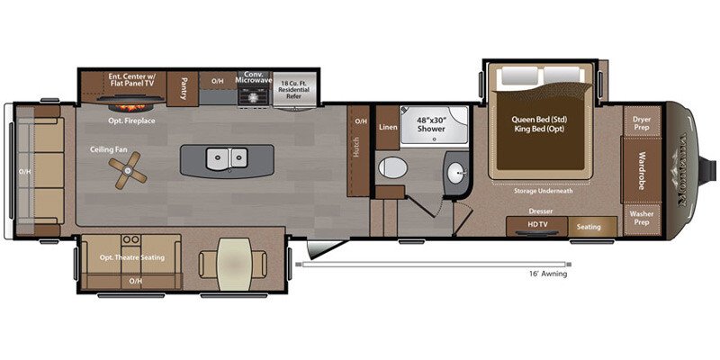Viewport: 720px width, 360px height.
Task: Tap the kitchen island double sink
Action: (224, 159)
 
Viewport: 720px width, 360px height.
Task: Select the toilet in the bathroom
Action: (393, 167)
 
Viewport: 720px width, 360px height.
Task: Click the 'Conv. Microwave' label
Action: (253, 78)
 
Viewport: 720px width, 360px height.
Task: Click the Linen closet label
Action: (387, 127)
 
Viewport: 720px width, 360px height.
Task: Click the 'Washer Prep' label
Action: (641, 217)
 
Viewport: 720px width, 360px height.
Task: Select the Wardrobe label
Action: (642, 168)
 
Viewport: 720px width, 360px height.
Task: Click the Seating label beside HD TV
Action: (589, 226)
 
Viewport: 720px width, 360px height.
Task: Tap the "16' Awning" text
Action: (548, 274)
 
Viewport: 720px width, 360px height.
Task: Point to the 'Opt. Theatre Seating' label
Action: (130, 258)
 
